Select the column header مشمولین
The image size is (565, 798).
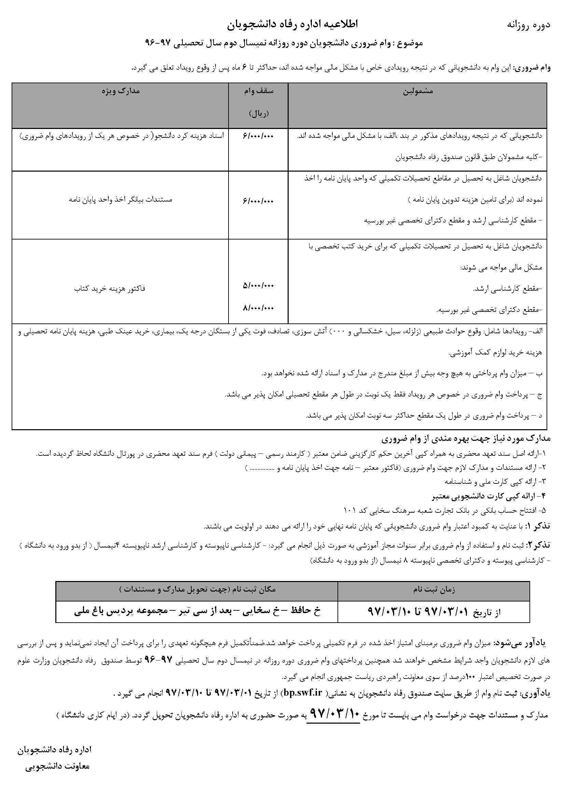coord(418,91)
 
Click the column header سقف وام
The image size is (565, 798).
coord(259,91)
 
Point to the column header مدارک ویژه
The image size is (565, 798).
coord(121,91)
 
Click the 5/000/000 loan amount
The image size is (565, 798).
coord(259,286)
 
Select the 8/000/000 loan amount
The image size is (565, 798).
coord(259,308)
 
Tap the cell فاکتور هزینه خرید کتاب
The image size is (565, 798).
coord(110,288)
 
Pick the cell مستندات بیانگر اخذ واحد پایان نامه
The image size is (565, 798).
coord(121,200)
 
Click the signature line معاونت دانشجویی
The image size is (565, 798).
coord(57,766)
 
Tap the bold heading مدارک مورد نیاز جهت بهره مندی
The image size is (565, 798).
coord(466,439)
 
